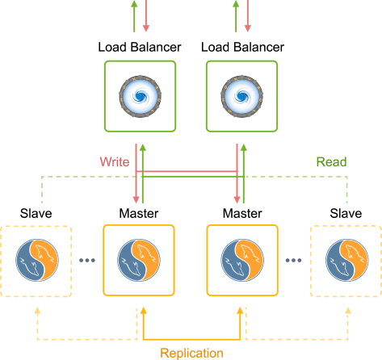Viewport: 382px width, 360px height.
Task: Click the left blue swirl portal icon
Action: point(140,96)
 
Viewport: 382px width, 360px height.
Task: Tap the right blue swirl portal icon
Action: point(241,96)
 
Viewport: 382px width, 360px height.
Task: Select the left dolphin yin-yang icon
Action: point(138,260)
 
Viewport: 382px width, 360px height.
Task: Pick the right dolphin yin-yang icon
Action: point(242,260)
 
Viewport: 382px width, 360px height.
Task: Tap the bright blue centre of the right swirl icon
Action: point(241,96)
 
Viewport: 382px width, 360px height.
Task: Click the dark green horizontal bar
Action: point(313,161)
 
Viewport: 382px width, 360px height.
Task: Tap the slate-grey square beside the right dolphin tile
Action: point(291,269)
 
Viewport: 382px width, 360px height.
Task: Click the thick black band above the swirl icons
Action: point(191,45)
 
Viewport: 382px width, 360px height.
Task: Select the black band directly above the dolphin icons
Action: point(191,213)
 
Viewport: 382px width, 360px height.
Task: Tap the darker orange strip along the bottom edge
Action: point(191,354)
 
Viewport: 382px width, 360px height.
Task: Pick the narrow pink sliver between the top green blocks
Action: point(142,16)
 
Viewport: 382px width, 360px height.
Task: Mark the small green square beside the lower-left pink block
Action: point(21,190)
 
